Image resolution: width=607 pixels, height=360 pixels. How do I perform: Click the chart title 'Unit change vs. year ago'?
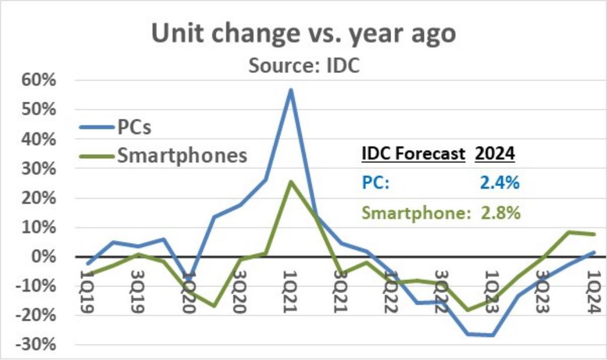point(303,34)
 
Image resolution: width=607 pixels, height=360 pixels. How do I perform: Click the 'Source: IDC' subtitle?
point(304,65)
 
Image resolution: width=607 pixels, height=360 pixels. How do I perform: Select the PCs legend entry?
point(115,127)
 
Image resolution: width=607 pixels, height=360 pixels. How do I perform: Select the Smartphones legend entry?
point(163,156)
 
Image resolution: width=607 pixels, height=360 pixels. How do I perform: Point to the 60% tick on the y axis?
point(39,80)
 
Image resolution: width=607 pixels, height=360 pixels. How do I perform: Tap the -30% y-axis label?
point(36,345)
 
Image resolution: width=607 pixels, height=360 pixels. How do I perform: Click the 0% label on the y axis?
point(44,256)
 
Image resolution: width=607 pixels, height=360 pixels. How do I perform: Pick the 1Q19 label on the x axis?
point(87,292)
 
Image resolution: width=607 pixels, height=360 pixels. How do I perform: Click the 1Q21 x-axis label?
point(290,292)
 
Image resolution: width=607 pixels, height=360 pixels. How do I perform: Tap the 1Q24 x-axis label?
point(594,292)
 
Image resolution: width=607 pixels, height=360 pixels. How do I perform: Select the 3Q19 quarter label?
point(138,292)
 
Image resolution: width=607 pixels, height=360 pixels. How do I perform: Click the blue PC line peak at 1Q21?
point(291,90)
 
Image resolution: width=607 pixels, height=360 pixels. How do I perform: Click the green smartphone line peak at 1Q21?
point(291,182)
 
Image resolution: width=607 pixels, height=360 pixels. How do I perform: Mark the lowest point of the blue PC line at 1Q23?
point(493,335)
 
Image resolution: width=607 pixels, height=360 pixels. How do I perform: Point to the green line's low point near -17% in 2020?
point(215,306)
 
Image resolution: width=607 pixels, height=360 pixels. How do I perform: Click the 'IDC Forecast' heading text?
point(413,154)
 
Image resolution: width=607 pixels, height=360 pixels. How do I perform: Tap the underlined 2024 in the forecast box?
point(495,154)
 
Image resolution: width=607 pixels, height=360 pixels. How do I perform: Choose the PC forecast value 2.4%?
point(500,182)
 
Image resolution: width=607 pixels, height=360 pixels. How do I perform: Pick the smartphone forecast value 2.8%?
point(501,212)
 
